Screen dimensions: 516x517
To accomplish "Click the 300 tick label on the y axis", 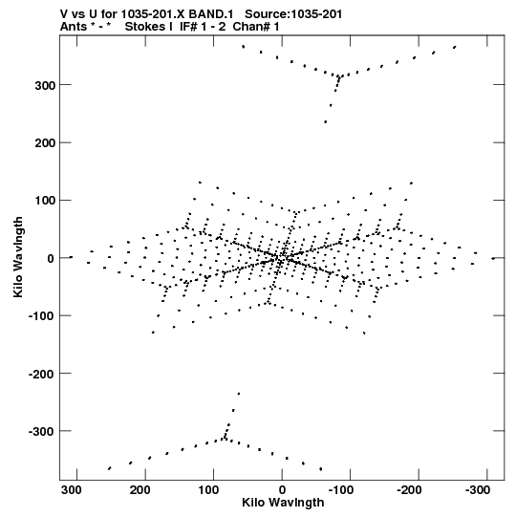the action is point(45,85).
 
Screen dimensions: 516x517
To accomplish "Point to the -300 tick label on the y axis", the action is point(42,431).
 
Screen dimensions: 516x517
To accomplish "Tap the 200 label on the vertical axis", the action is point(45,143).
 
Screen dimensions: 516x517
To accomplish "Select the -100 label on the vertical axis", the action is point(42,316).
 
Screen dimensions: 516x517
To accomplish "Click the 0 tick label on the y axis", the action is point(51,258).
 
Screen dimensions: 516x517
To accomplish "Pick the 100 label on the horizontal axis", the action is point(208,490).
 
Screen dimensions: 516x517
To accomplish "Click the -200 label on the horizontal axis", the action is point(410,490).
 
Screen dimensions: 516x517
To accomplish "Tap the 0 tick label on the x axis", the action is point(282,490).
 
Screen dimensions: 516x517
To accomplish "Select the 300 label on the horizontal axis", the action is point(72,490).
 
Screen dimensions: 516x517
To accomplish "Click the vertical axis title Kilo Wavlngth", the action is point(18,257).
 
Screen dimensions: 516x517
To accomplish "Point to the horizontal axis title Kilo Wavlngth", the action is point(283,503).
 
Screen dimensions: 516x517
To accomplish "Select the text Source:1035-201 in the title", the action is point(293,14).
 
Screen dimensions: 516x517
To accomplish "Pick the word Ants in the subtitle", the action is point(74,27).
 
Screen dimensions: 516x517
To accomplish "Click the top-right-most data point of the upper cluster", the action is point(455,47).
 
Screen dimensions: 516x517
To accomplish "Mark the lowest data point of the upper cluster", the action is point(326,122).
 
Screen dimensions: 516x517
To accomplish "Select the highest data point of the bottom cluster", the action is point(239,394).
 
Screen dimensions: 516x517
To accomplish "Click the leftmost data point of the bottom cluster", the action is point(110,468).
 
